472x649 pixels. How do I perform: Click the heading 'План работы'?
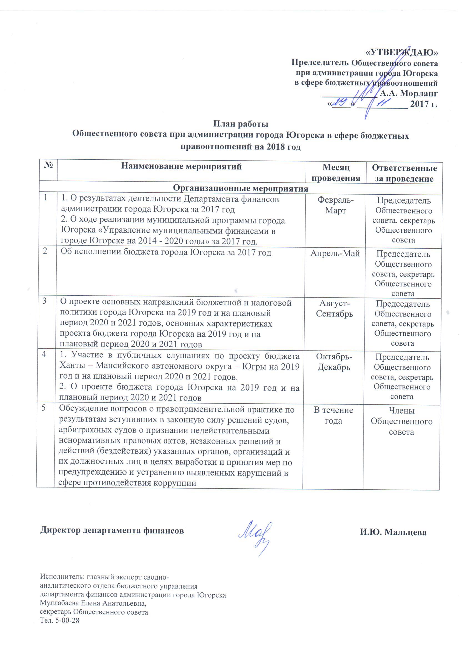(241, 124)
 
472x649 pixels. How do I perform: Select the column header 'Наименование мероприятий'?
(181, 166)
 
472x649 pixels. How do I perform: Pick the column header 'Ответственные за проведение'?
(404, 173)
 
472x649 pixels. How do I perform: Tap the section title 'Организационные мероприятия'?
(241, 188)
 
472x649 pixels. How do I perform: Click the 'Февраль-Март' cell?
(335, 205)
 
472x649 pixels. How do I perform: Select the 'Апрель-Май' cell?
(335, 253)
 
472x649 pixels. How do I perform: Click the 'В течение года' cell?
(333, 415)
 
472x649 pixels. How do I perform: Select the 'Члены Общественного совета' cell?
(401, 421)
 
